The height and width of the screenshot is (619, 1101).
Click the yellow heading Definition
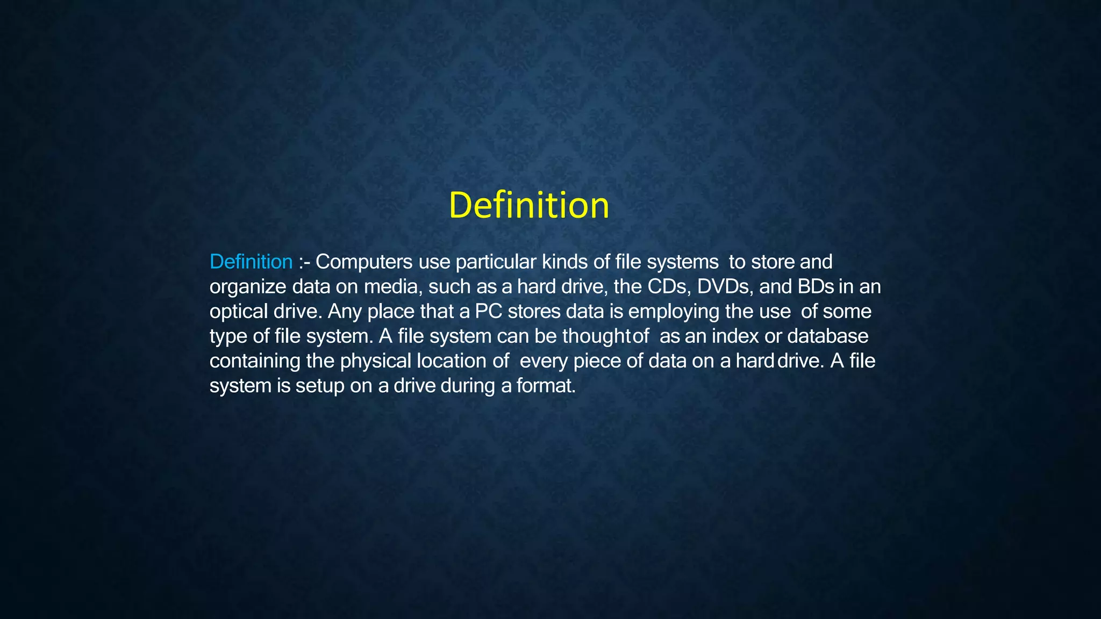[529, 205]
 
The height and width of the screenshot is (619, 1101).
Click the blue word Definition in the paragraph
[251, 262]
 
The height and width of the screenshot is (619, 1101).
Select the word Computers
[363, 262]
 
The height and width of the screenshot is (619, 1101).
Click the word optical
[239, 312]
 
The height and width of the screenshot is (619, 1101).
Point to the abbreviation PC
[488, 312]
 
